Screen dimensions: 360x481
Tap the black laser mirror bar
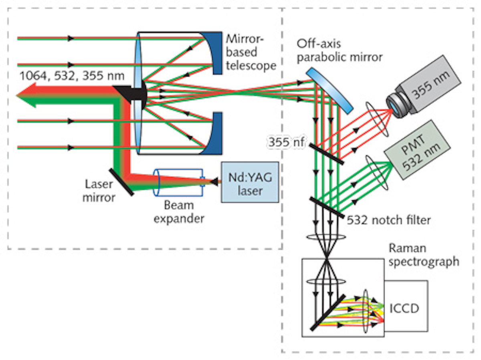[x=120, y=181]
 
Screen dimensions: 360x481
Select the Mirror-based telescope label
[x=251, y=52]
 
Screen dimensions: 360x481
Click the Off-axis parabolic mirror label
[x=340, y=50]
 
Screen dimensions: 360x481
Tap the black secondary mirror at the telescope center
[x=132, y=93]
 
